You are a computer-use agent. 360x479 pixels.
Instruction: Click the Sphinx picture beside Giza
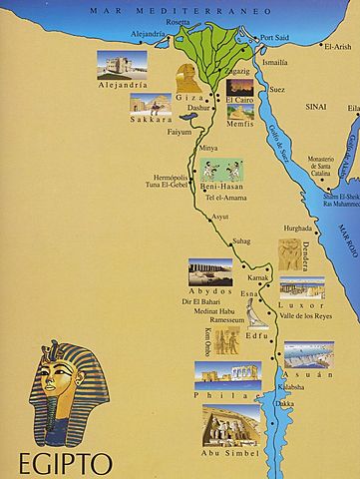pos(188,76)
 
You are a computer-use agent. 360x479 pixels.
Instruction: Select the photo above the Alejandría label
pos(120,65)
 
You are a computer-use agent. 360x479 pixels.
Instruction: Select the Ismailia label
pos(275,62)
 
